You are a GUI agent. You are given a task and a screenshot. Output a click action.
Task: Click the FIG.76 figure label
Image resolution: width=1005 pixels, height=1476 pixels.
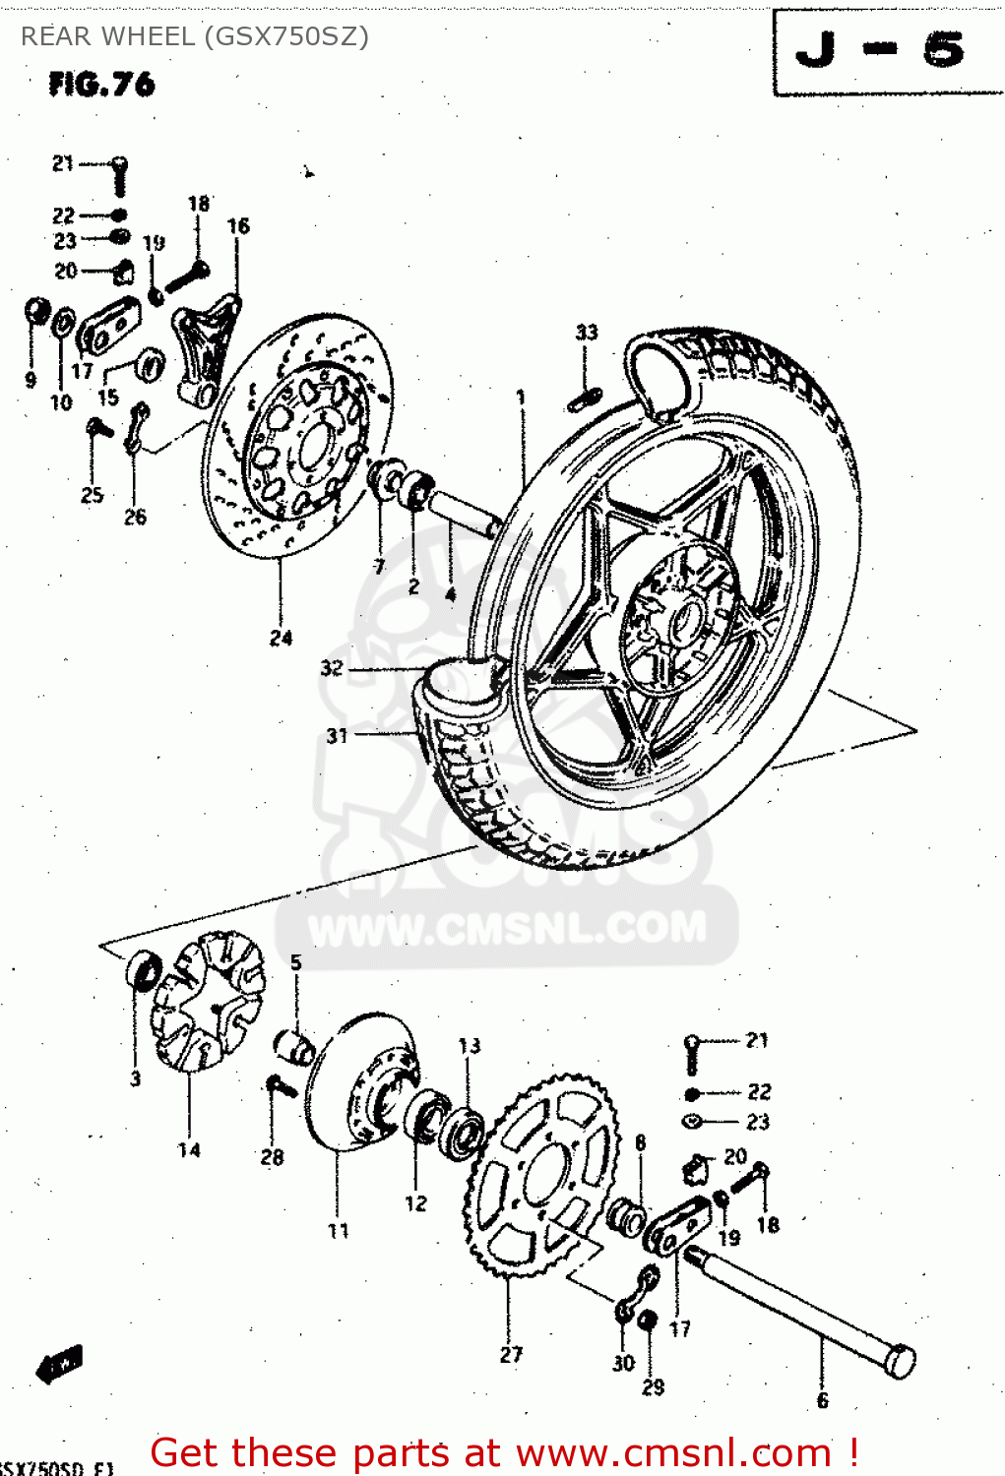[x=101, y=85]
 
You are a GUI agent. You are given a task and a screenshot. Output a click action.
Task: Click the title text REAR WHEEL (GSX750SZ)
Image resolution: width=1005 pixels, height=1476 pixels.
[x=195, y=36]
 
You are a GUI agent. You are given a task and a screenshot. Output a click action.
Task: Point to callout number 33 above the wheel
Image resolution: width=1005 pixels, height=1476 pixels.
[x=587, y=333]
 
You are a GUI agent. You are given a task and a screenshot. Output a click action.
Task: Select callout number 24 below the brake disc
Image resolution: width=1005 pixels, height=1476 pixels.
[x=281, y=638]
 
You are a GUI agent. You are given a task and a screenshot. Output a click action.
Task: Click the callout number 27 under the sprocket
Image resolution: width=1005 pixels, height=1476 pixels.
[x=511, y=1354]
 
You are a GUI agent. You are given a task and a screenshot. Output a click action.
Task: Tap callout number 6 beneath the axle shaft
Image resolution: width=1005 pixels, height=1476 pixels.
[x=822, y=1400]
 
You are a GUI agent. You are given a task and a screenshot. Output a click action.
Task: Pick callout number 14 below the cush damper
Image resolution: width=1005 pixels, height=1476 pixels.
[x=189, y=1149]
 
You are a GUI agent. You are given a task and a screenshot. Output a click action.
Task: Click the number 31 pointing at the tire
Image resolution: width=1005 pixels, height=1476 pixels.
[x=338, y=735]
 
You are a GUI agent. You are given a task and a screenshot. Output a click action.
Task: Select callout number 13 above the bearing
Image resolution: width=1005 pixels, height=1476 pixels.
[x=470, y=1045]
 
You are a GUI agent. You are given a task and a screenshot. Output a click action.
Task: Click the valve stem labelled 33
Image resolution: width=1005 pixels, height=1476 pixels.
[x=585, y=399]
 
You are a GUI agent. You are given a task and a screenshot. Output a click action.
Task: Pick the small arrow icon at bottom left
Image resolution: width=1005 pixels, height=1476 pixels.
[x=59, y=1366]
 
